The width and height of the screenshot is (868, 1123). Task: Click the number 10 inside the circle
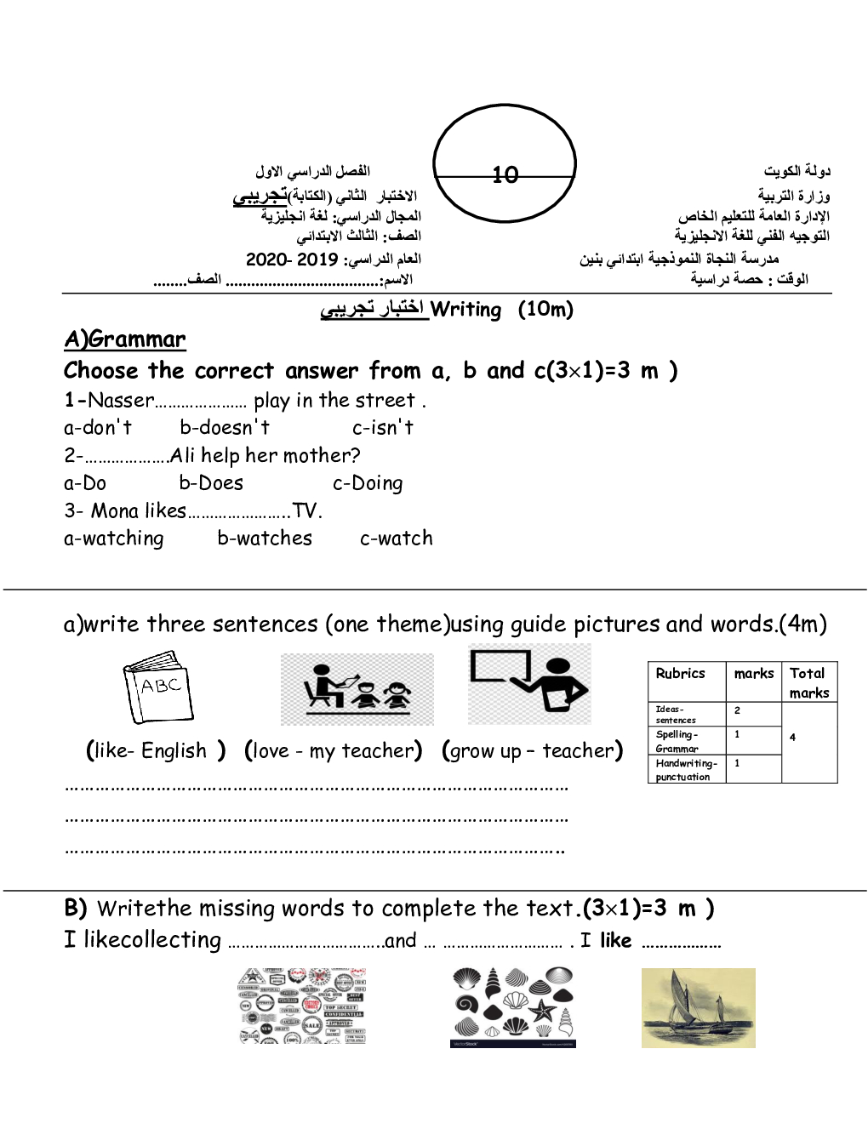coord(505,174)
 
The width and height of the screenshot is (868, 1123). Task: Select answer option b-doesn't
coord(225,427)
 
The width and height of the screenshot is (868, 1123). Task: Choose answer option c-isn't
coord(382,427)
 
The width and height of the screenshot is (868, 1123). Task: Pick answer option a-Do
coord(85,483)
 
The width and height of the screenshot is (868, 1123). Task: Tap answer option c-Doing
coord(368,483)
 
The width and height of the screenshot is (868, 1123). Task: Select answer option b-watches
coord(265,539)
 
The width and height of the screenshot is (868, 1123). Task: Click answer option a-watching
coord(114,539)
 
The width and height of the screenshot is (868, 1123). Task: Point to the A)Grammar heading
coord(125,339)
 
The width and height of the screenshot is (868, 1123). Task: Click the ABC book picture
coord(158,687)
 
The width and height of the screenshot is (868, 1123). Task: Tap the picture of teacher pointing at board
coord(529,684)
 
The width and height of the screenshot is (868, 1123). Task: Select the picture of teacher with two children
coord(357,688)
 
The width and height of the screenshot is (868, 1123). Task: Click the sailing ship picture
coord(698,1007)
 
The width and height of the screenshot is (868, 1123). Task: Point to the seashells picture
coord(512,1006)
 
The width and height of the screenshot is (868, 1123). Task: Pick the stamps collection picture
coord(302,1006)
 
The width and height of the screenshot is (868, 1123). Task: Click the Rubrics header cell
coord(680,673)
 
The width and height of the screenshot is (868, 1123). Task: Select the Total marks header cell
coord(808,682)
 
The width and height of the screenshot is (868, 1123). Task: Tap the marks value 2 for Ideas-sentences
coord(737,710)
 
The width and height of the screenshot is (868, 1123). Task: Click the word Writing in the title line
coord(465,310)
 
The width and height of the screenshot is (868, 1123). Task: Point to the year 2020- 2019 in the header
coord(292,259)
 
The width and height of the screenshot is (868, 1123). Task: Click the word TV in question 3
coord(304,510)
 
